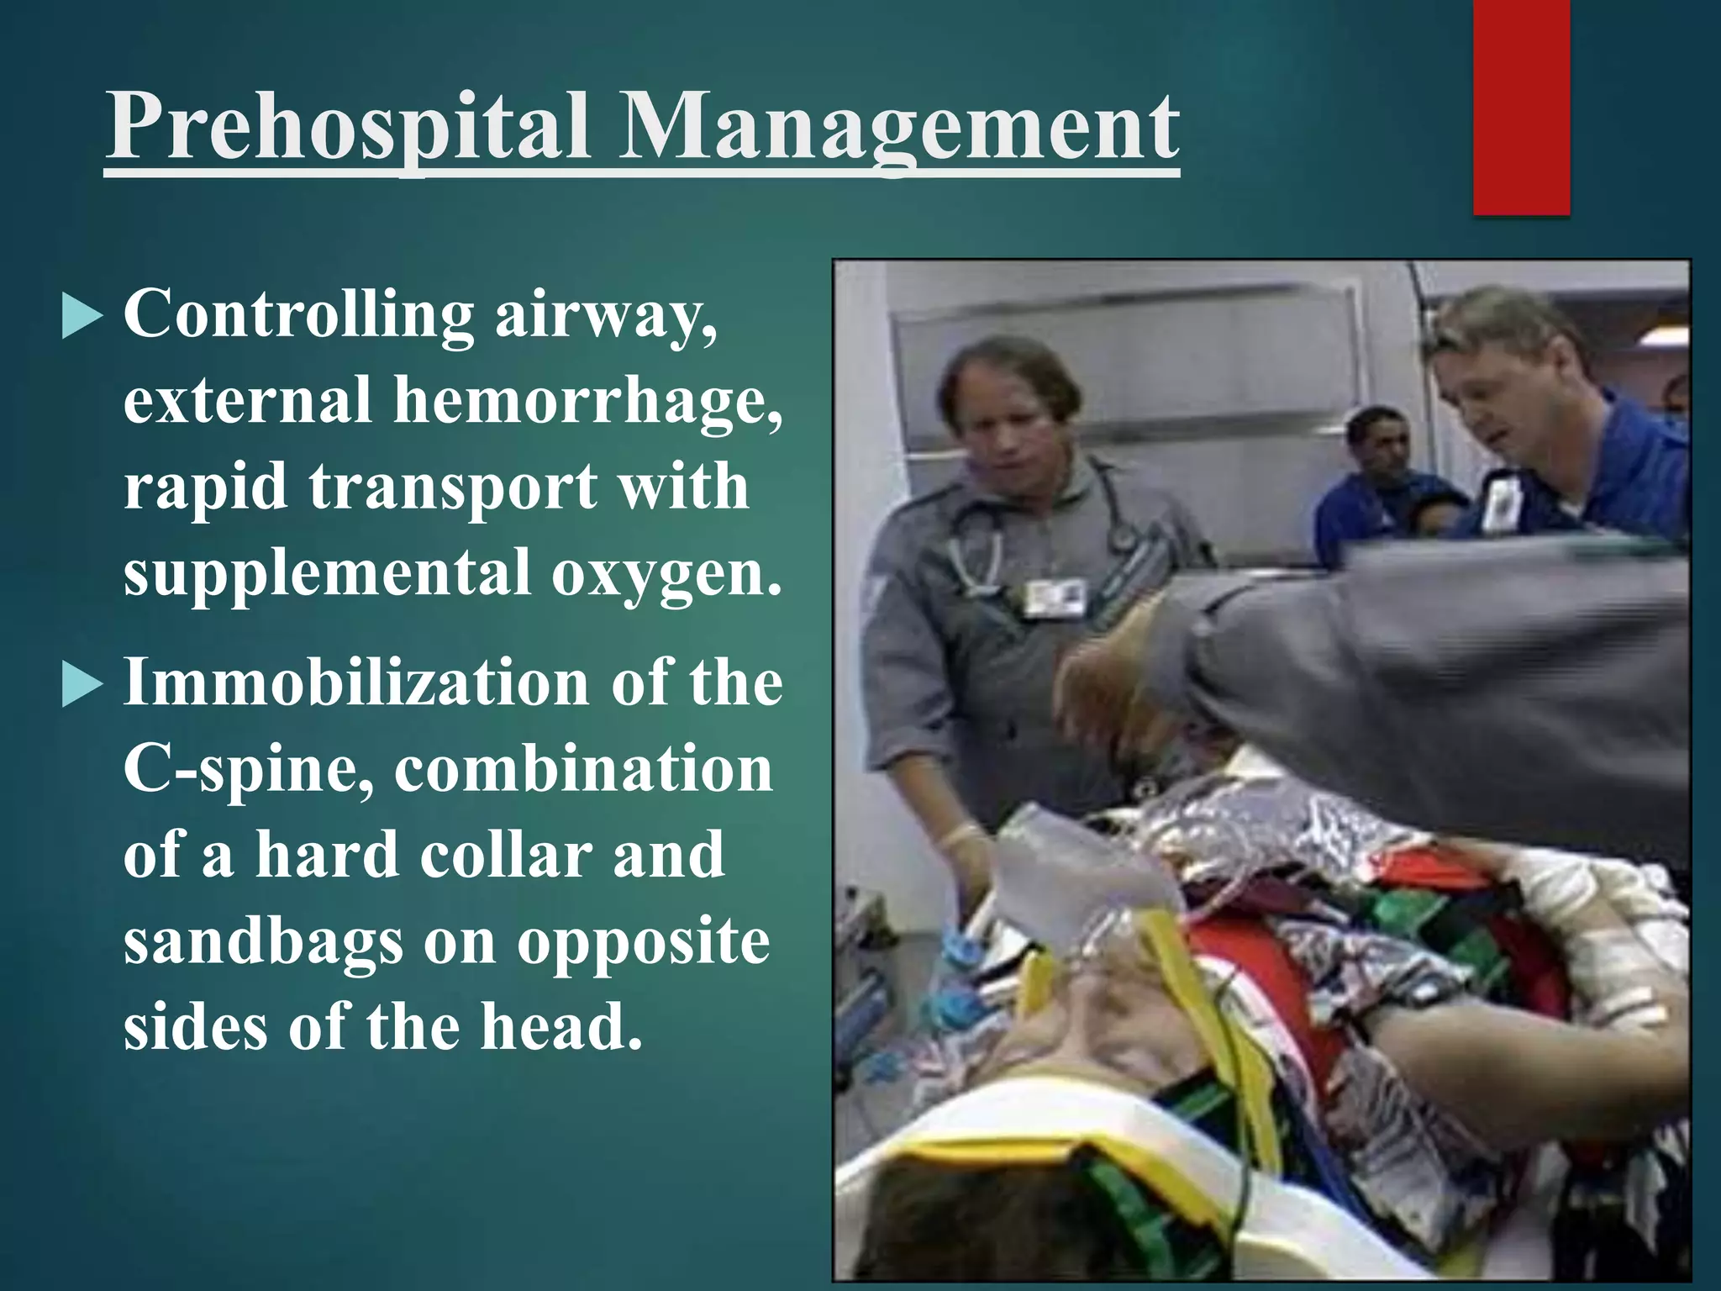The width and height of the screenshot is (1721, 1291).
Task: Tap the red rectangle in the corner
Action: (1521, 108)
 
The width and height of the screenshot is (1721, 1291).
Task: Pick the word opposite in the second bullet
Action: (643, 943)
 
